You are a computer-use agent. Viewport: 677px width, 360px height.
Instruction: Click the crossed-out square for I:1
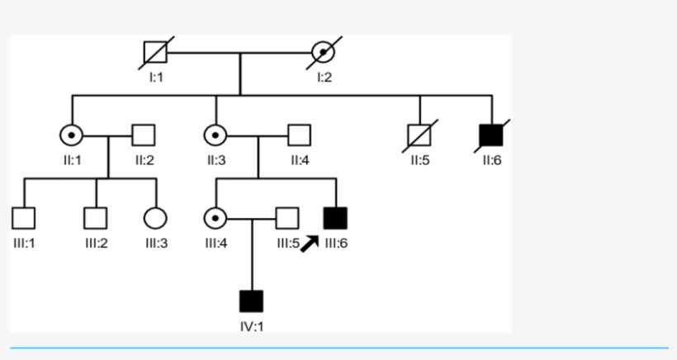click(155, 54)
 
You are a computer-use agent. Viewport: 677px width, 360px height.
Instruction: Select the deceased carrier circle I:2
click(324, 54)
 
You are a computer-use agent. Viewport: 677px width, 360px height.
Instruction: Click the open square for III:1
click(23, 218)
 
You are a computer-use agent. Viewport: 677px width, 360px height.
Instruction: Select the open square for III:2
click(96, 218)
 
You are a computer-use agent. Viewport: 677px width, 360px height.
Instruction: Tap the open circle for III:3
click(155, 218)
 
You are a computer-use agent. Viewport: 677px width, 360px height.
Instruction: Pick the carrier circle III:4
click(215, 218)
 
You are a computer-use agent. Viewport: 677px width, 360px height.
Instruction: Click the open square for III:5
click(286, 218)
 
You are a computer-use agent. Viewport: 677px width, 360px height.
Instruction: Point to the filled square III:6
click(336, 218)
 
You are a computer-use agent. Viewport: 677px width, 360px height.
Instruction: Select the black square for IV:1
click(251, 301)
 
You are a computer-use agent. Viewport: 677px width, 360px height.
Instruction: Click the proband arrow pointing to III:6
click(310, 244)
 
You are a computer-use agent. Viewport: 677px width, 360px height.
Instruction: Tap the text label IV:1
click(252, 326)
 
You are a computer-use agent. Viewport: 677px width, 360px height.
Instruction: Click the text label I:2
click(324, 77)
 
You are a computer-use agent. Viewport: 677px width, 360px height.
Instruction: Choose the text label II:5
click(420, 160)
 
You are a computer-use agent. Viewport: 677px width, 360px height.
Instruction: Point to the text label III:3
click(156, 244)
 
